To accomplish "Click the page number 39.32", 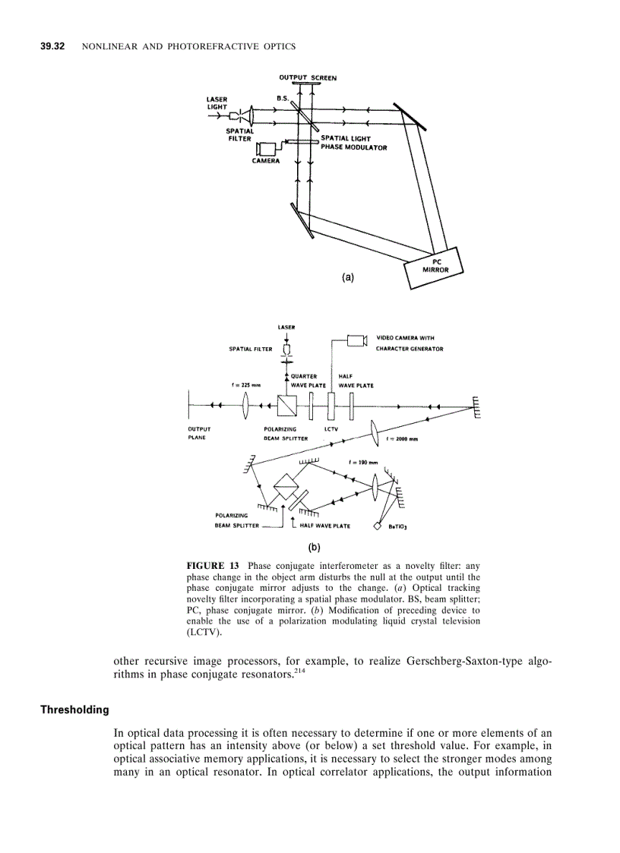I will [x=53, y=47].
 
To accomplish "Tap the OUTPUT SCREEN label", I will [x=307, y=77].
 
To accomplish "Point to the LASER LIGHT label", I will [x=217, y=103].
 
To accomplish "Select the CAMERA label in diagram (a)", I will [x=265, y=160].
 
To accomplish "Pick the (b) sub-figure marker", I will [x=314, y=546].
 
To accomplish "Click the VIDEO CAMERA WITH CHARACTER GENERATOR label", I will [x=410, y=343].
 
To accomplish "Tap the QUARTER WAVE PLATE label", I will [x=304, y=381].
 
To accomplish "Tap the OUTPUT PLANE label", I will [x=199, y=433].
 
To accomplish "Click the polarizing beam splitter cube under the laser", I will [x=287, y=406].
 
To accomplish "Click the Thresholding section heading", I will [x=74, y=710].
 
